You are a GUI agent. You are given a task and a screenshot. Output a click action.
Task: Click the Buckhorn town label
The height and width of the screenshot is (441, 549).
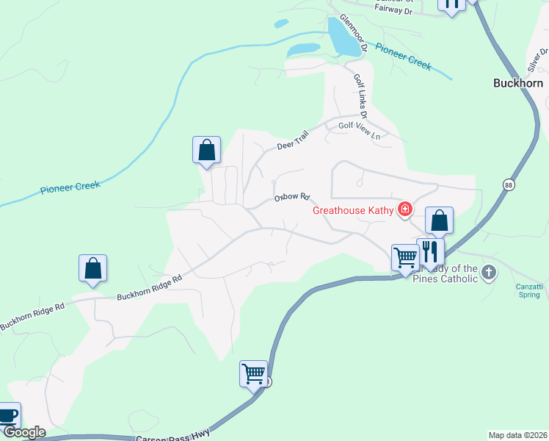tap(517, 84)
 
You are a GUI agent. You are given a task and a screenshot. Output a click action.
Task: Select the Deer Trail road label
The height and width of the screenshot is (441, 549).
tap(294, 141)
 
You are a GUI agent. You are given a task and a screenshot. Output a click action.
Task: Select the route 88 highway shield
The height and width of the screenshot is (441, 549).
tap(508, 184)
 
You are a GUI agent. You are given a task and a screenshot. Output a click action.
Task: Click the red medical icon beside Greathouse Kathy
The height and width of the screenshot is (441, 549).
tap(404, 210)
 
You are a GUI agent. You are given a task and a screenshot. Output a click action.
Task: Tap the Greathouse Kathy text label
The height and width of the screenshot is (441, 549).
tap(355, 210)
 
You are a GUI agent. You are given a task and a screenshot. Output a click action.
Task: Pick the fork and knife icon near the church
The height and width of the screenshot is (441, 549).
tap(431, 252)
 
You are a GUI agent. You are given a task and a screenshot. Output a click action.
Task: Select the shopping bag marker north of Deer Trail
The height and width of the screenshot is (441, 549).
tap(207, 150)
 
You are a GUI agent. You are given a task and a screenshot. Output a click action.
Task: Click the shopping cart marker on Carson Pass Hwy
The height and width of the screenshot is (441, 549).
tap(253, 373)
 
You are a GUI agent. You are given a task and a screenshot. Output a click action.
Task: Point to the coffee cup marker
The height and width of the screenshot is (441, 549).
tap(7, 415)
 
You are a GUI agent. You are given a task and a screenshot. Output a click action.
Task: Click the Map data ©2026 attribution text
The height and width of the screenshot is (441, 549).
tap(517, 435)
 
